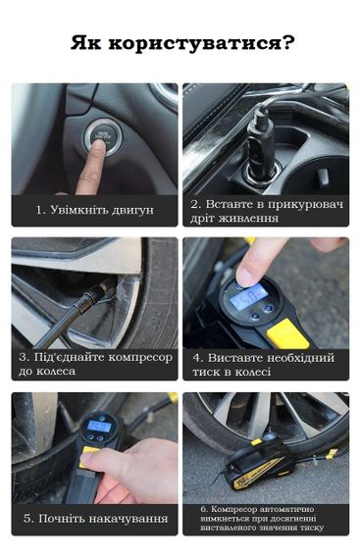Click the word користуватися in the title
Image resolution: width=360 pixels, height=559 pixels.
coord(191,44)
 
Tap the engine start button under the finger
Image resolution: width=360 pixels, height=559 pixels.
coord(102,137)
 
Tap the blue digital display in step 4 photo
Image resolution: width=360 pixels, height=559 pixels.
coord(248,295)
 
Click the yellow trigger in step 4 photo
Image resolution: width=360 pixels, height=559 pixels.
coord(287,334)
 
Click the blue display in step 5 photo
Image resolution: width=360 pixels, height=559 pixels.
coord(99,426)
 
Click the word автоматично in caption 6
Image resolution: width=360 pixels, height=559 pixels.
coord(287,509)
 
